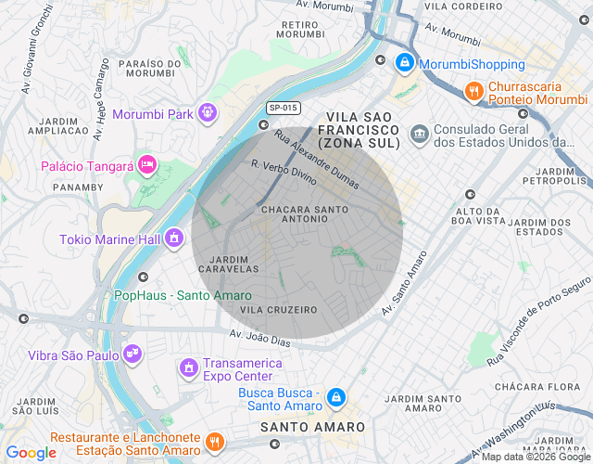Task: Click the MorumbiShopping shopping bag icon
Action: (x=404, y=64)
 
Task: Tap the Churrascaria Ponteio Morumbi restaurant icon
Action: (x=473, y=91)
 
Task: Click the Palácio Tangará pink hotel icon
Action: (x=146, y=165)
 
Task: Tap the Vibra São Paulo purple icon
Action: (x=133, y=354)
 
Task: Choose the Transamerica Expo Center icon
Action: (x=189, y=368)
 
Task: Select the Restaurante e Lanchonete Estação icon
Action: (x=215, y=442)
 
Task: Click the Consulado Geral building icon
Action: (x=420, y=135)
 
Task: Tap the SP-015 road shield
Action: (x=284, y=108)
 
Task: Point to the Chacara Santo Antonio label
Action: (x=305, y=214)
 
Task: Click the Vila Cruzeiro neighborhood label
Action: (x=278, y=309)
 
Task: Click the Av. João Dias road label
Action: (x=262, y=337)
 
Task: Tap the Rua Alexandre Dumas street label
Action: (x=316, y=158)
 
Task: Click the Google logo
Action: (x=32, y=452)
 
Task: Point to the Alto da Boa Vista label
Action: (x=478, y=215)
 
